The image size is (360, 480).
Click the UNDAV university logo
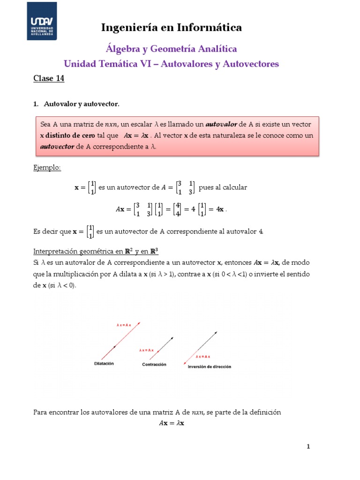(42, 21)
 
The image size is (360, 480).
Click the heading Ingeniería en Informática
(172, 28)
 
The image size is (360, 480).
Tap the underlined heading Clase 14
(48, 78)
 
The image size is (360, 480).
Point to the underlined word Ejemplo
(47, 167)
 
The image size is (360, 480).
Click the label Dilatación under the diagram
(104, 363)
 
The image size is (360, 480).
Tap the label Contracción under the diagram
(154, 364)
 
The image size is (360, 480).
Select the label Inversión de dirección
(210, 367)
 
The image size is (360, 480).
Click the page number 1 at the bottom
(308, 447)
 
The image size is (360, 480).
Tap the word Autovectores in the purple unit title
(251, 63)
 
